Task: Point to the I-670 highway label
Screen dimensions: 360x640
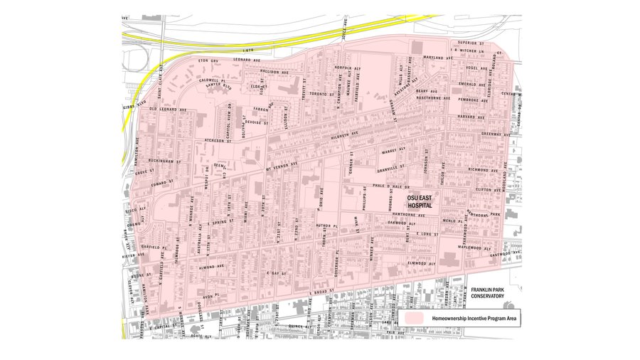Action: pos(247,51)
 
